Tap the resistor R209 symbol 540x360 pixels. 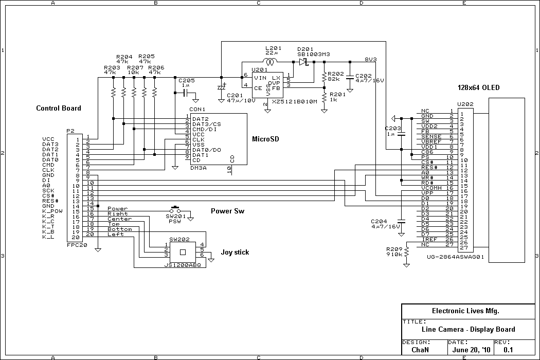pyautogui.click(x=406, y=252)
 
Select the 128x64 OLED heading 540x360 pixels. pyautogui.click(x=478, y=88)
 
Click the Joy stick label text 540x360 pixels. pyautogui.click(x=235, y=252)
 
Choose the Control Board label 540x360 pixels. pyautogui.click(x=58, y=109)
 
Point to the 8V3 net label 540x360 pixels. pyautogui.click(x=371, y=59)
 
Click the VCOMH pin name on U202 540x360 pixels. pyautogui.click(x=430, y=188)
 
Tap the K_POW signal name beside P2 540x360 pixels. pyautogui.click(x=52, y=211)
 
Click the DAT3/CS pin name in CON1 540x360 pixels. pyautogui.click(x=207, y=124)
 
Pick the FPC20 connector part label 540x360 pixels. pyautogui.click(x=77, y=246)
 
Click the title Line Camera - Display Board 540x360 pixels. pyautogui.click(x=468, y=330)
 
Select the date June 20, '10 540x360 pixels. pyautogui.click(x=469, y=350)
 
